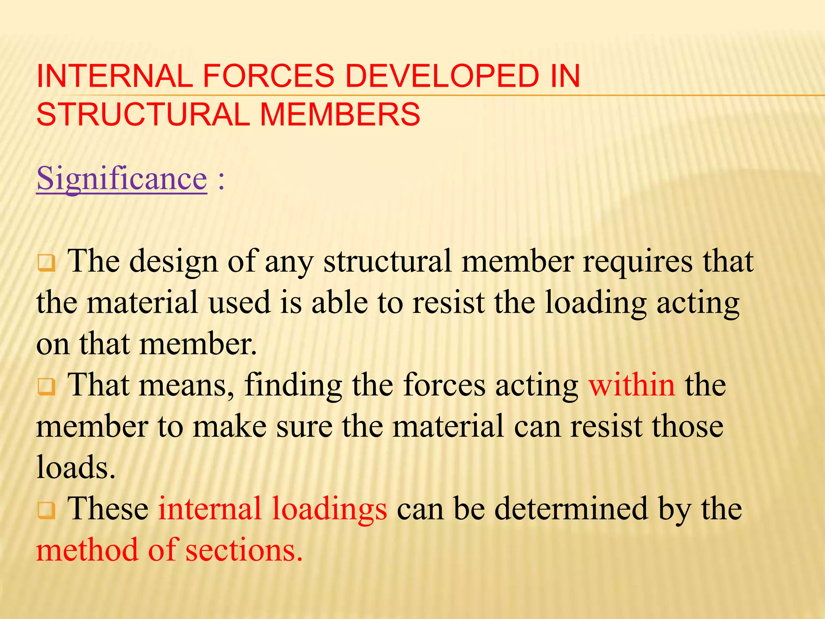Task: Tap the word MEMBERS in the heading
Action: [340, 114]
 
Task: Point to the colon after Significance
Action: [221, 180]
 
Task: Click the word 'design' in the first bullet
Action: [174, 262]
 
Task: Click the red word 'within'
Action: [632, 385]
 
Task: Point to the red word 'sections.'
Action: [244, 550]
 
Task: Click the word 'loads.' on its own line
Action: [76, 467]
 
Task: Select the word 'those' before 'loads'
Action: [688, 426]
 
